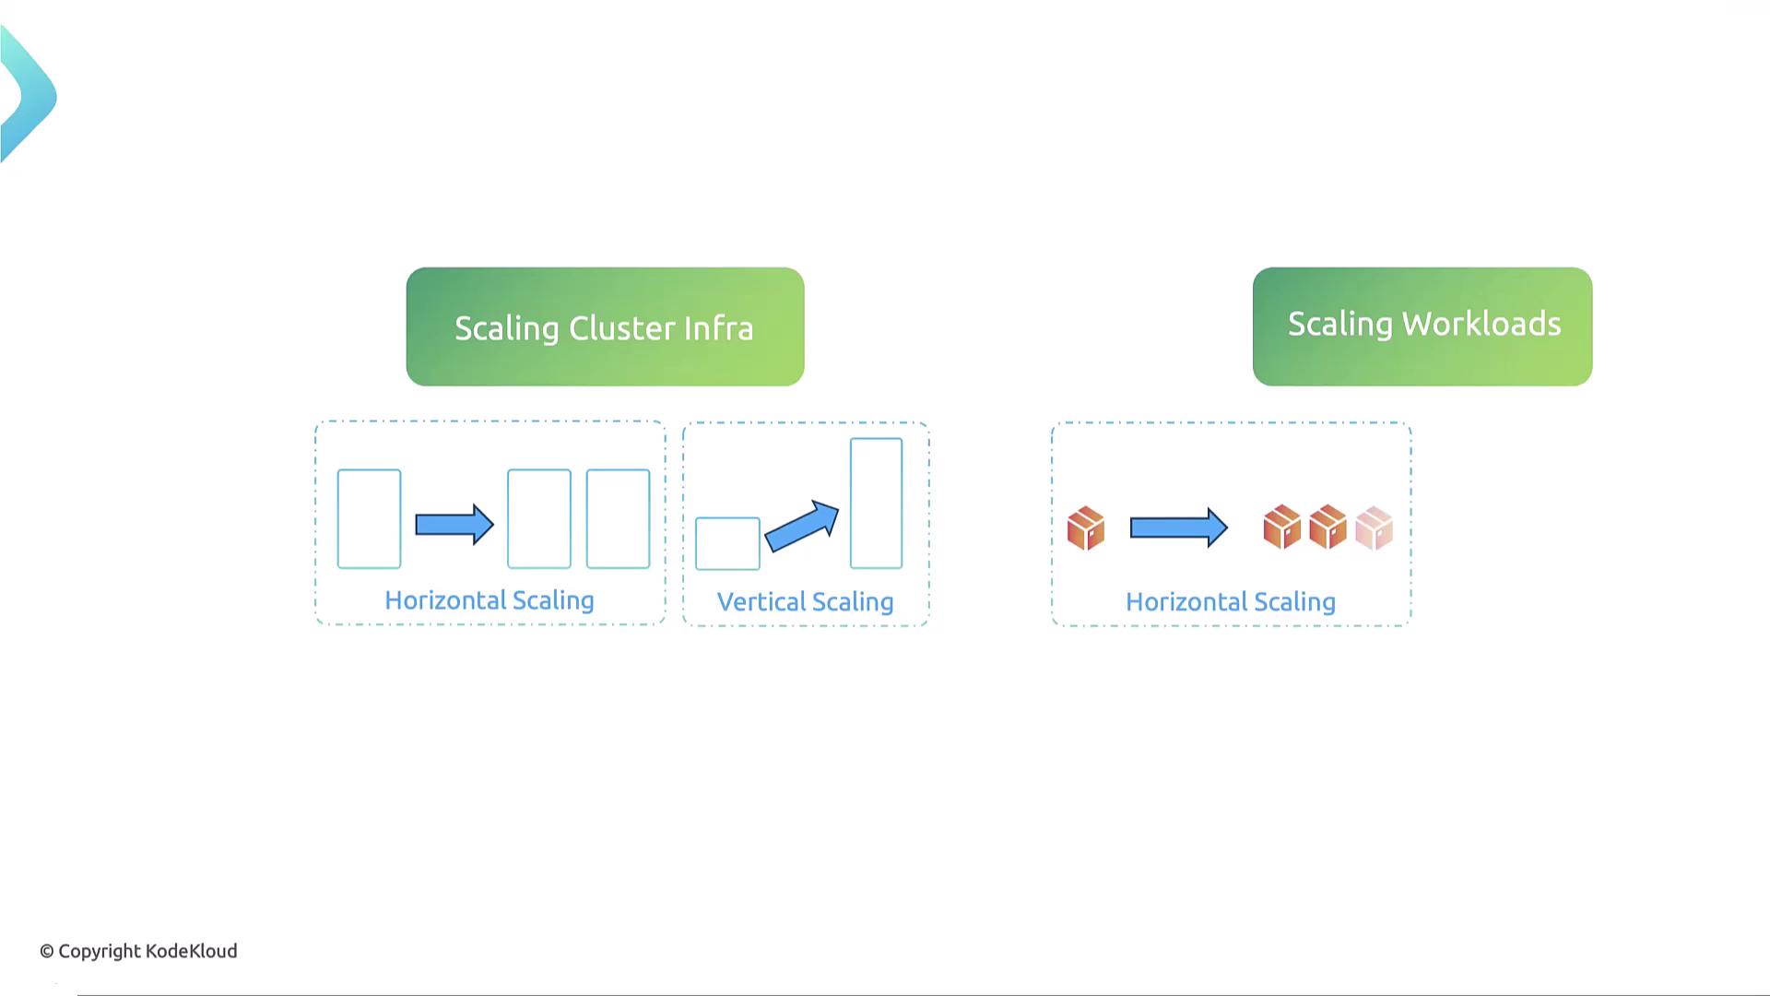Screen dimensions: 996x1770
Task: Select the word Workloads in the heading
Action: [1481, 324]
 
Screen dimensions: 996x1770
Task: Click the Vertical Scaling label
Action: [805, 602]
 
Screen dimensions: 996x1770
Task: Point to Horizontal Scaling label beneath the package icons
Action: [1230, 602]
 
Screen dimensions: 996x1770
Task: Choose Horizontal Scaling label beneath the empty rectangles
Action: [489, 600]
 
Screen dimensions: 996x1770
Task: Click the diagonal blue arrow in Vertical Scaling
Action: [801, 527]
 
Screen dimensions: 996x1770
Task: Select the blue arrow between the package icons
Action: [1178, 528]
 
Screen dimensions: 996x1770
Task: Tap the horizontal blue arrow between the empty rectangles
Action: [454, 525]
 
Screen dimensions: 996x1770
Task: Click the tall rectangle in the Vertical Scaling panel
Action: [876, 504]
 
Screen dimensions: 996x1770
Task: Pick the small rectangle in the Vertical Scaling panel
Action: [727, 543]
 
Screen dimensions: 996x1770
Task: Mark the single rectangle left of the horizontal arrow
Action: [369, 518]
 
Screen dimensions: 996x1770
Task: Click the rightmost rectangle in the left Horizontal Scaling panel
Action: [618, 518]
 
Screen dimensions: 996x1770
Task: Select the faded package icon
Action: [1374, 528]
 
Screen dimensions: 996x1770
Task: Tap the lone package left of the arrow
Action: [1085, 528]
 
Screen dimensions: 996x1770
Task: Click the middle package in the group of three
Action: [1327, 527]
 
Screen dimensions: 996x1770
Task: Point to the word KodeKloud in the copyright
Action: [191, 951]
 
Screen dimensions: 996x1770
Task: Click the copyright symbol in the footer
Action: [47, 952]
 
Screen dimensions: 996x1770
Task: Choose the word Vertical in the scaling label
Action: [761, 602]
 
